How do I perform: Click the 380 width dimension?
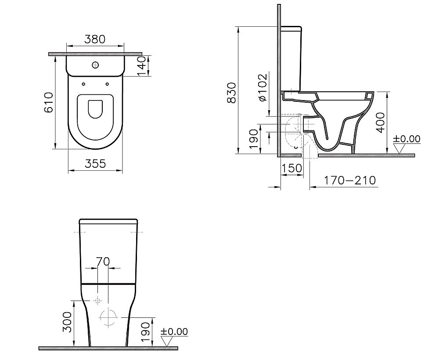pyautogui.click(x=95, y=39)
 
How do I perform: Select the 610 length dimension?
pyautogui.click(x=49, y=102)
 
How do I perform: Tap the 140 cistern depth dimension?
pyautogui.click(x=142, y=66)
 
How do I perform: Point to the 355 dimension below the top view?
pyautogui.click(x=95, y=163)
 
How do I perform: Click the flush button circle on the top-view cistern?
pyautogui.click(x=95, y=65)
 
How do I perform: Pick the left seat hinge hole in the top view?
pyautogui.click(x=83, y=84)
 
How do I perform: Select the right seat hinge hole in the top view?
pyautogui.click(x=108, y=84)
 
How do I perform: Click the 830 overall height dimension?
pyautogui.click(x=232, y=93)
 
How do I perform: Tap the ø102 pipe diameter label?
pyautogui.click(x=263, y=87)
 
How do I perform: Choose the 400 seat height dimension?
pyautogui.click(x=380, y=122)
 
